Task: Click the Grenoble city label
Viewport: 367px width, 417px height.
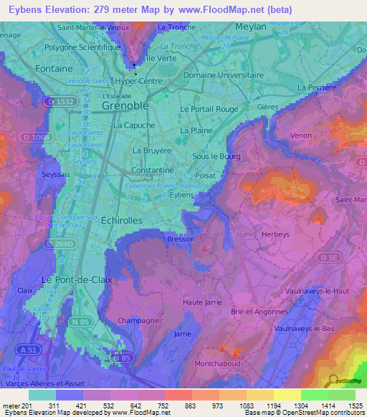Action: [x=125, y=105]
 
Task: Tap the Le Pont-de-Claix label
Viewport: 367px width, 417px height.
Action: [x=77, y=279]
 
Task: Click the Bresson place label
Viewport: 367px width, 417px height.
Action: [x=180, y=239]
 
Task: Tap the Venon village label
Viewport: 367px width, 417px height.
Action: [x=302, y=135]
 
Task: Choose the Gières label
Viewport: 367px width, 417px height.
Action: [x=267, y=105]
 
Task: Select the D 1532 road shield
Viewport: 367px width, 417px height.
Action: [x=59, y=102]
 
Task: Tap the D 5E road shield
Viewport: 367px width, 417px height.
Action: [x=328, y=257]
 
